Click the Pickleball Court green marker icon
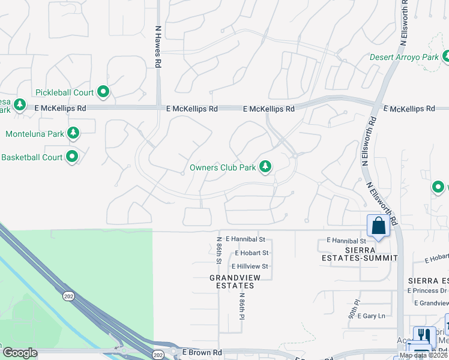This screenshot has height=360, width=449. [x=103, y=92]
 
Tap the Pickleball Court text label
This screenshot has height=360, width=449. [x=64, y=92]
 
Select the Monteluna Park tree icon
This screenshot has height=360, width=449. [x=73, y=133]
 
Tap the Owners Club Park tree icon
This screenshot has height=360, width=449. [x=265, y=167]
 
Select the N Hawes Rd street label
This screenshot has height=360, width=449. [x=158, y=41]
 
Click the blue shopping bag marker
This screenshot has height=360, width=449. [x=378, y=226]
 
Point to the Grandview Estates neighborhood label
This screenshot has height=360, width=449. [x=232, y=281]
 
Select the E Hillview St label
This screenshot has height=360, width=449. [x=247, y=266]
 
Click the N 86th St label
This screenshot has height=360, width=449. [x=219, y=250]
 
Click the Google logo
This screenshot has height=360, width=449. [x=20, y=353]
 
